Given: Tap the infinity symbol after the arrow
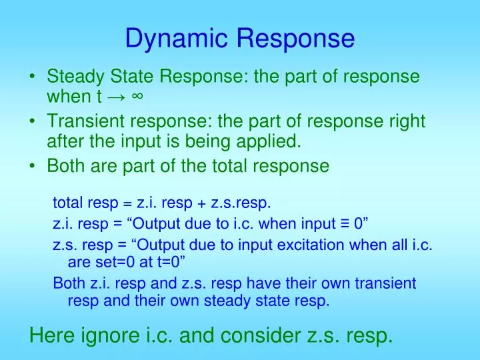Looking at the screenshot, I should coord(137,97).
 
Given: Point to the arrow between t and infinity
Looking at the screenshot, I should coord(115,97).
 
